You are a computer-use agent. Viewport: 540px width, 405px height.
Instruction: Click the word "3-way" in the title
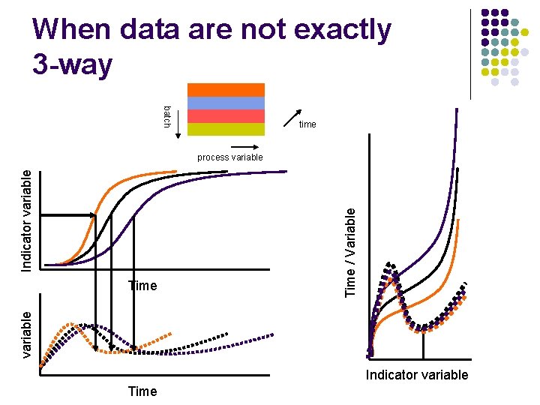tap(73, 64)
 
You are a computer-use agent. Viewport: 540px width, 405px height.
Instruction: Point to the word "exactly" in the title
tap(343, 30)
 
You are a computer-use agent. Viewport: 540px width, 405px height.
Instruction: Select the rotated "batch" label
tap(167, 116)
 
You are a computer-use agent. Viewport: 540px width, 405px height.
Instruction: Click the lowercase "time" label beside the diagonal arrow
tap(307, 124)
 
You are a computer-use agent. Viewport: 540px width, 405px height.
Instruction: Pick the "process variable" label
tap(229, 157)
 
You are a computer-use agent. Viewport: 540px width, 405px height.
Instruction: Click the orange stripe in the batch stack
tap(226, 90)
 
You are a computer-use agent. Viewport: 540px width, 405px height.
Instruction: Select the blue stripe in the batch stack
tap(226, 103)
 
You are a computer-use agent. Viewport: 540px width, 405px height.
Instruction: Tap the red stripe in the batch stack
tap(226, 116)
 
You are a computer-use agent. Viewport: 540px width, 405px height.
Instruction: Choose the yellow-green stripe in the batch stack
tap(226, 129)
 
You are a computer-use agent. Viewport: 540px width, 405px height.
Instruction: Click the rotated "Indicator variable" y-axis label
tap(26, 219)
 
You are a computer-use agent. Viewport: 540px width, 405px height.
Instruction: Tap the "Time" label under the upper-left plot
tap(142, 286)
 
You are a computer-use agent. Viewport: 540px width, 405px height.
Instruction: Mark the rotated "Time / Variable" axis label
tap(350, 250)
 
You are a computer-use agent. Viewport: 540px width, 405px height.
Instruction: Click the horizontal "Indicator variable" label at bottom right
tap(417, 375)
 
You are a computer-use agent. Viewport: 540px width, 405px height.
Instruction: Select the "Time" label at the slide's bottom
tap(142, 391)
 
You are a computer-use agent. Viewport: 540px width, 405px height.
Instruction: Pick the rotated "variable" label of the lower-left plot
tap(26, 334)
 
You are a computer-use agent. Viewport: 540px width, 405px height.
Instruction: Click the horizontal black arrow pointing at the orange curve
tap(67, 215)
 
